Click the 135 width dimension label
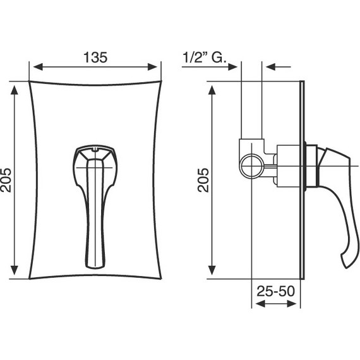coord(95,57)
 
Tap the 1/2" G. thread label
coord(205,57)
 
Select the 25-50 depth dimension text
coord(275,291)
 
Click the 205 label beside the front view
coord(6,180)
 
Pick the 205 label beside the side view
coord(203,180)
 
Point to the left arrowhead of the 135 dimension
coord(38,67)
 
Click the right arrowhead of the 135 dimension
coord(152,67)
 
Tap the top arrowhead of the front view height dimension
coord(15,90)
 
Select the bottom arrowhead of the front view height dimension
coord(15,270)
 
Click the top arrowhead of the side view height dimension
coord(212,90)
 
